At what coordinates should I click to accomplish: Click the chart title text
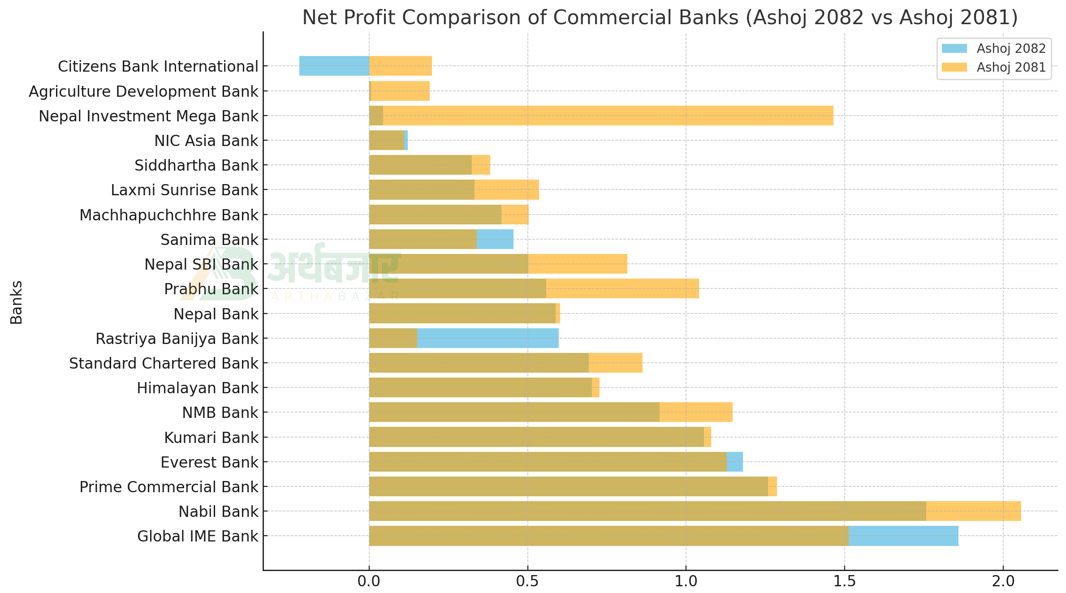click(x=660, y=18)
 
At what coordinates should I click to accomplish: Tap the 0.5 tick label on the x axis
click(x=527, y=581)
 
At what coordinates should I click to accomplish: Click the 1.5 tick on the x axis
click(x=845, y=581)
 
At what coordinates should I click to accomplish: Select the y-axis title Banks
click(x=17, y=302)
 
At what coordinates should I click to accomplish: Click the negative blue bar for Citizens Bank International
click(x=334, y=66)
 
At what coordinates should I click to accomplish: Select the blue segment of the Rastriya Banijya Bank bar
click(x=488, y=338)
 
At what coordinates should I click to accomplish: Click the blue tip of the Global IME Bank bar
click(x=903, y=536)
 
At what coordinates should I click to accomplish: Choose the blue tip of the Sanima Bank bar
click(x=495, y=239)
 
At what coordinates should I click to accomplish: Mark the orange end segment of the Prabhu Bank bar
click(x=622, y=288)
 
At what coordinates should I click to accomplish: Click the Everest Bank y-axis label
click(x=209, y=462)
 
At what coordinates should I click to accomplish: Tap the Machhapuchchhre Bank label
click(x=169, y=215)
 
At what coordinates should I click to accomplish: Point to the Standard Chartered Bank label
click(x=164, y=363)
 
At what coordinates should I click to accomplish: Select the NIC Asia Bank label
click(x=206, y=141)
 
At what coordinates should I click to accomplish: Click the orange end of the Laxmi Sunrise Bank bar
click(x=506, y=189)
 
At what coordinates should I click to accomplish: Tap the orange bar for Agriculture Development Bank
click(x=400, y=91)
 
